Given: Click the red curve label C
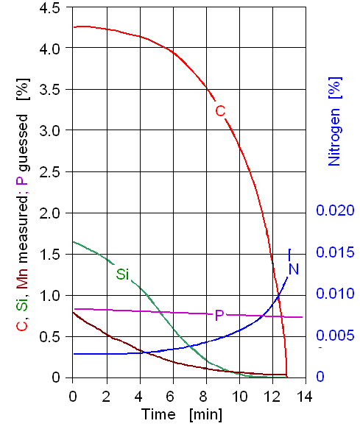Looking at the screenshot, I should click(x=220, y=111).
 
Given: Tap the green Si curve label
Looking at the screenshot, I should click(x=122, y=274).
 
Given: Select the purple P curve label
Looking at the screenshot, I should click(x=219, y=315).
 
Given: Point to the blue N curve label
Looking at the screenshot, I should click(x=293, y=269).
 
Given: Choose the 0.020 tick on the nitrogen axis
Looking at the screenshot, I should click(x=336, y=211).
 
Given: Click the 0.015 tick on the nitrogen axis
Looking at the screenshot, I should click(x=336, y=252).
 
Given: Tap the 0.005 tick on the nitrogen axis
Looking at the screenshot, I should click(x=336, y=336).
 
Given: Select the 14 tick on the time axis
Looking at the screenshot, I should click(x=303, y=397).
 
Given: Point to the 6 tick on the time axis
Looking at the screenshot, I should click(x=173, y=397).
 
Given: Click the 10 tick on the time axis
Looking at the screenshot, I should click(x=239, y=397).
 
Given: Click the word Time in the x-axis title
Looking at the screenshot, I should click(x=159, y=414).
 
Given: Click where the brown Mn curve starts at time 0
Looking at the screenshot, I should click(x=73, y=313).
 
